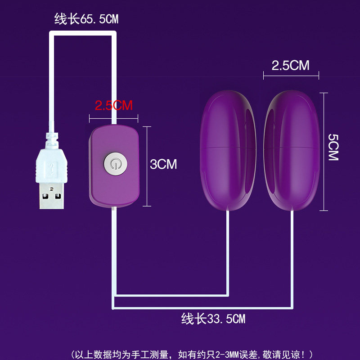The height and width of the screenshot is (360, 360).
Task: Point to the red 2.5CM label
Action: point(113,105)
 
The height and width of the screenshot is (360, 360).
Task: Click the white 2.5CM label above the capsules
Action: point(291,66)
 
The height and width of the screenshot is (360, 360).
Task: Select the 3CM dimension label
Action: point(163,164)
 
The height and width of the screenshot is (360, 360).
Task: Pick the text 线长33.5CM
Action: point(213,319)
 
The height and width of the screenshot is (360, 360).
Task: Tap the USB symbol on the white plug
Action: point(53,169)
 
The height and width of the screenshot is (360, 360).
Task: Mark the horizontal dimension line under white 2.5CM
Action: point(291,76)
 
